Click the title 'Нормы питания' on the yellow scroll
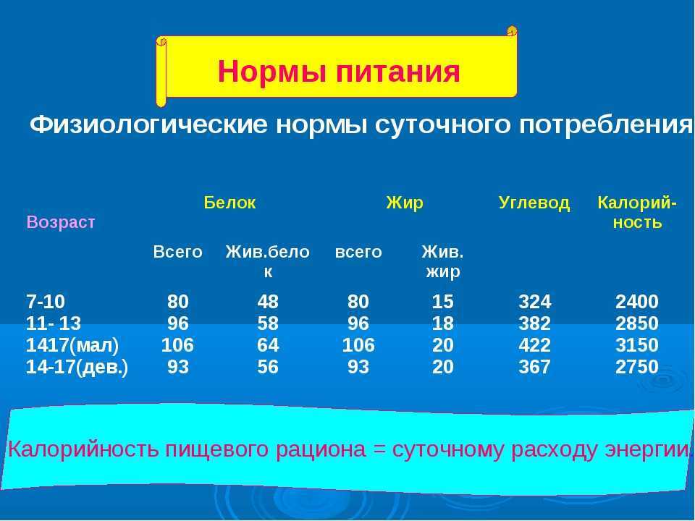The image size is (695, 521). coord(339,72)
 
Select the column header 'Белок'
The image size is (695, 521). coord(229,203)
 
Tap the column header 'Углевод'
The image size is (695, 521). coord(534,203)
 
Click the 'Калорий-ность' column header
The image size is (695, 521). coord(637,212)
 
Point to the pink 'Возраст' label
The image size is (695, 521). coord(61,222)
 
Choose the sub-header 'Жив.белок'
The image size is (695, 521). coord(267,261)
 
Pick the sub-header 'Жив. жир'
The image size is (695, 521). coord(443,261)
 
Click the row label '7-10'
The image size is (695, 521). coord(46,302)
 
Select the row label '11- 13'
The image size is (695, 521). coord(54,323)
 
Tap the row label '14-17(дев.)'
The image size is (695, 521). coord(77,368)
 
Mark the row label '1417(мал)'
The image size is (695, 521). coord(72,346)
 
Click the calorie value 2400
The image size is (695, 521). coord(637,302)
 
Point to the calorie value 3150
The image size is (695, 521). coord(637,345)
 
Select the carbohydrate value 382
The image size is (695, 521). coord(534,323)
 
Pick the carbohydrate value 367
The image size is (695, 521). coord(534,367)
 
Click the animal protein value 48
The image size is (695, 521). coord(268,302)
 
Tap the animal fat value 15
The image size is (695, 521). coord(443,302)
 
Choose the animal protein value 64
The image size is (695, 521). coord(268,345)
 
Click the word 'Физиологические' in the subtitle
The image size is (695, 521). coord(149,125)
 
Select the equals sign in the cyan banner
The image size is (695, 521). coord(379,449)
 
